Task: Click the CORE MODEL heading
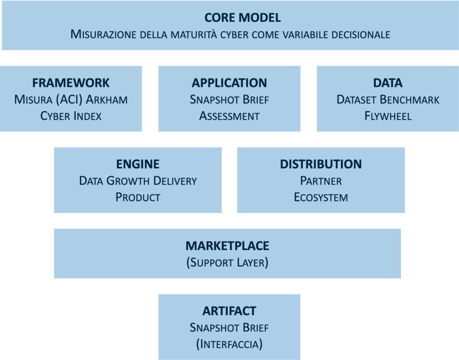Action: (242, 18)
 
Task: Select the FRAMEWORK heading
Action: (71, 83)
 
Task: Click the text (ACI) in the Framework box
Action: (68, 100)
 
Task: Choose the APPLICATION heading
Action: (229, 83)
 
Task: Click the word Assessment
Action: (229, 116)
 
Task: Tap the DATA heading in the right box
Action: (388, 83)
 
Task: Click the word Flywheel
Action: (388, 116)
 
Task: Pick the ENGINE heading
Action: (138, 164)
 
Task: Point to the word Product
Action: (138, 197)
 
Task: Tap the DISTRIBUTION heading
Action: (320, 164)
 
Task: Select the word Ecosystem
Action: (320, 197)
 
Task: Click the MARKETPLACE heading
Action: (227, 246)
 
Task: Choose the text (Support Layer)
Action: (227, 262)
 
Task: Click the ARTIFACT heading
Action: (229, 311)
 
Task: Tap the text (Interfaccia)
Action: (229, 344)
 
